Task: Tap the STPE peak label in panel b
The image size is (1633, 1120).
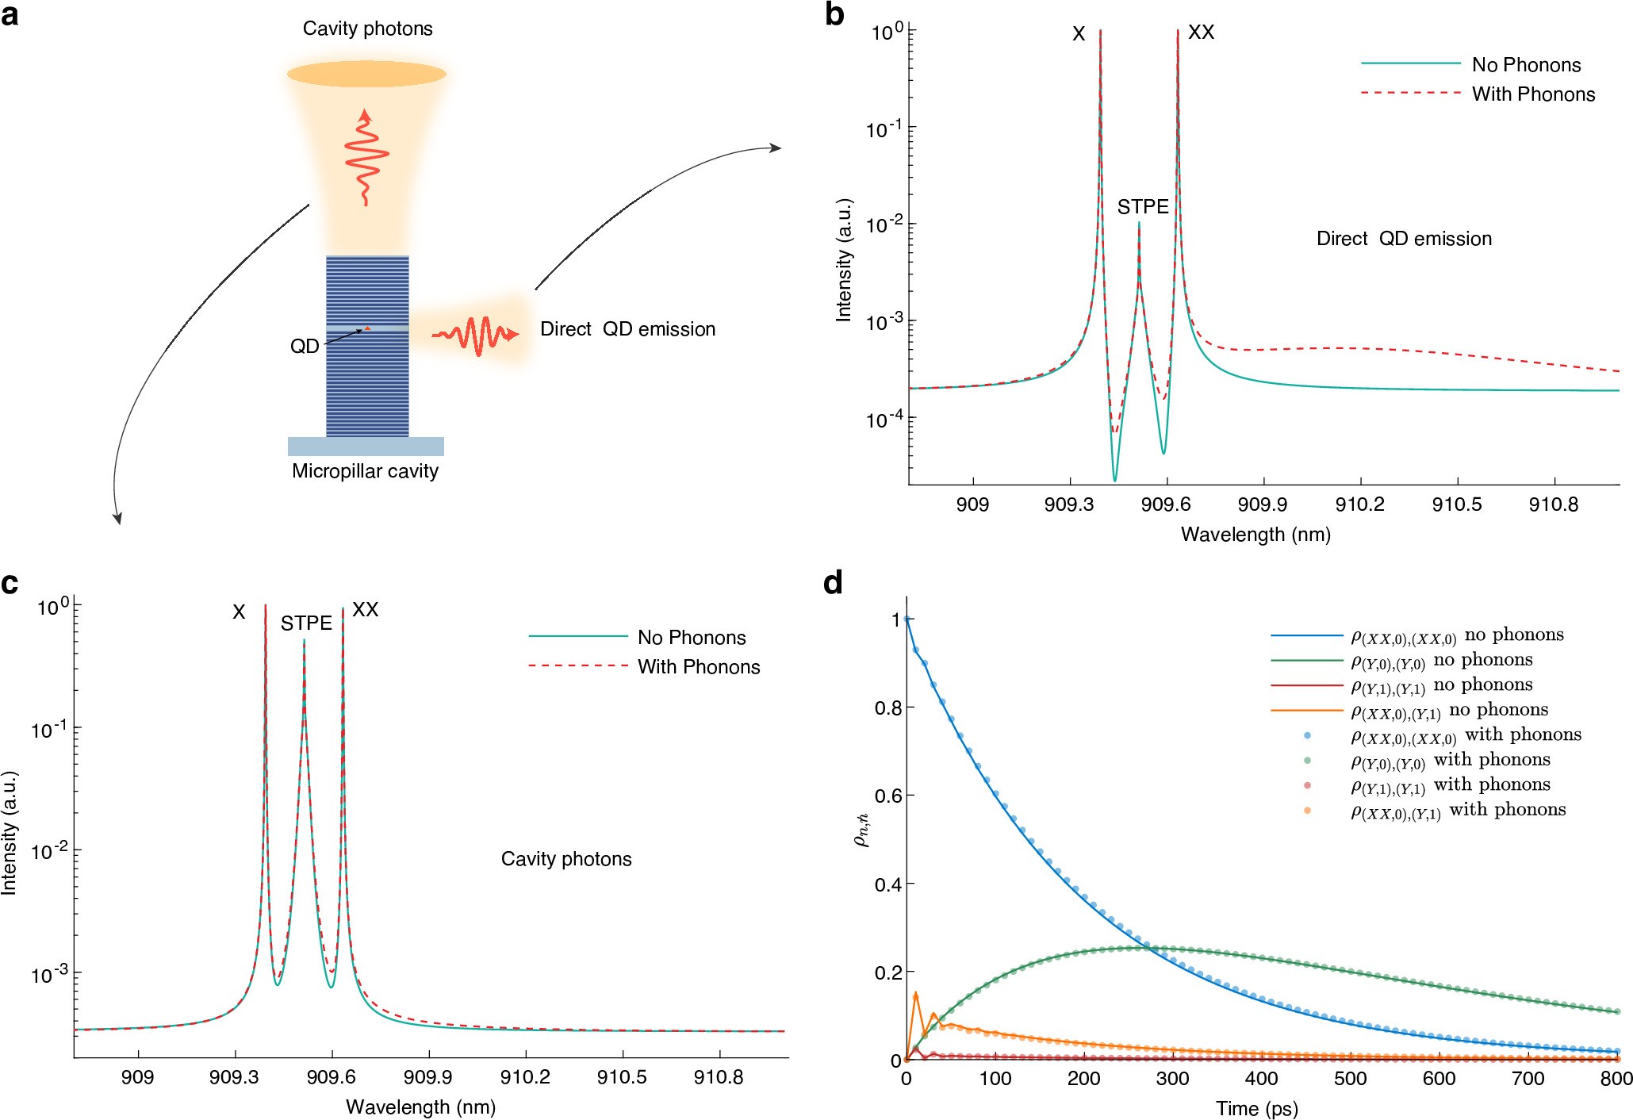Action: pos(1142,207)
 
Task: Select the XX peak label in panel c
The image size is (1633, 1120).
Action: pos(365,609)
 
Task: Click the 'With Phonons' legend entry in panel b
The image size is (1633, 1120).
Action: pos(1532,94)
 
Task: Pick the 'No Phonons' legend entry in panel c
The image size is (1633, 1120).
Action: pos(691,638)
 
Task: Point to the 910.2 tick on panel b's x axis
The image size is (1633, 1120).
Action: pos(1359,504)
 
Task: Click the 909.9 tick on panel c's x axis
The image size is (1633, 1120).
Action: pos(428,1077)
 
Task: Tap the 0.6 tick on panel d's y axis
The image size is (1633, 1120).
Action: pos(888,796)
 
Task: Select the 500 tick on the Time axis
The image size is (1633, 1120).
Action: pos(1350,1079)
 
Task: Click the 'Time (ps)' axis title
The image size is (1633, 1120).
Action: pos(1256,1108)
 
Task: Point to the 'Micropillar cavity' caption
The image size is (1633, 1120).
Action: pos(365,471)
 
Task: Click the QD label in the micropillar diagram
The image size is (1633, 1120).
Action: pos(305,347)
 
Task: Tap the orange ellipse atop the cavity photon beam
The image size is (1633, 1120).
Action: pos(366,74)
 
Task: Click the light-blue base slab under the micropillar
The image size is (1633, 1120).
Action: pos(366,447)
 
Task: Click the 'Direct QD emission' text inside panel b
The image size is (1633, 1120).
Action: pos(1403,239)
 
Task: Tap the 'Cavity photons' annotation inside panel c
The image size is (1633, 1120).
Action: pos(566,859)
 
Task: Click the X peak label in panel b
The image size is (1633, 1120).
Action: pos(1078,34)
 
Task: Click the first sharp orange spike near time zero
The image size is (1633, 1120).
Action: pos(916,994)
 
